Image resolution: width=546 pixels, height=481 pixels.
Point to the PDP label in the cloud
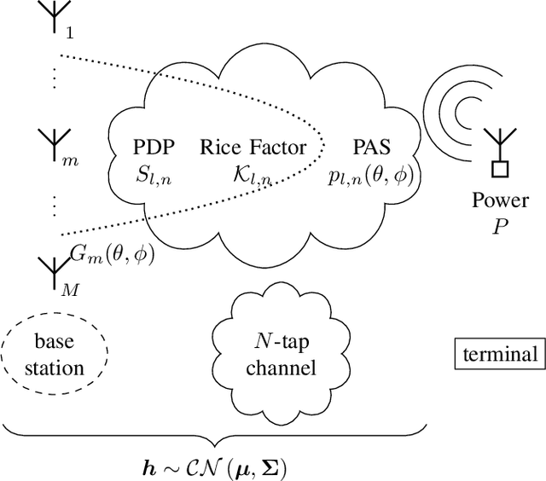pyautogui.click(x=154, y=148)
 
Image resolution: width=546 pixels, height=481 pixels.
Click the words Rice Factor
pyautogui.click(x=253, y=148)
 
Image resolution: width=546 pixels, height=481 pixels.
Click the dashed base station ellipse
pyautogui.click(x=54, y=356)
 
